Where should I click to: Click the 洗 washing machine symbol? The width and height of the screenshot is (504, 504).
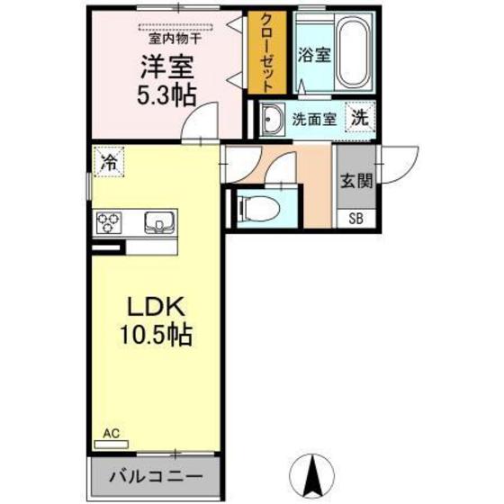click(359, 117)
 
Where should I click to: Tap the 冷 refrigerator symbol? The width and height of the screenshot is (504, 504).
click(108, 163)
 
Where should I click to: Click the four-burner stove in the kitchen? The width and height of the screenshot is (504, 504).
click(110, 221)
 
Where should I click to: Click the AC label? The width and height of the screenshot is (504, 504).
click(111, 433)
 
